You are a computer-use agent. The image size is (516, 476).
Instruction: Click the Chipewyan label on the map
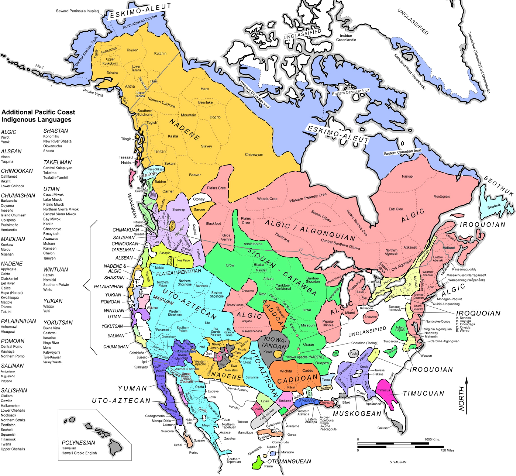[x=254, y=154]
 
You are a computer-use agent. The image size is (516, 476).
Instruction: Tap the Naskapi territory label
[x=407, y=176]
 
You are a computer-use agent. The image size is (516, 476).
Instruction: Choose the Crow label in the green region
[x=230, y=265]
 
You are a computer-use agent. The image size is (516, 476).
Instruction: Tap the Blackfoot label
[x=213, y=223]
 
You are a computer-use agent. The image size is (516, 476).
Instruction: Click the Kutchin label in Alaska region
[x=160, y=53]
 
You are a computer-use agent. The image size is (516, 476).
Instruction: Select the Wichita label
[x=286, y=371]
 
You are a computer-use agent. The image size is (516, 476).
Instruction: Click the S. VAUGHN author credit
[x=398, y=470]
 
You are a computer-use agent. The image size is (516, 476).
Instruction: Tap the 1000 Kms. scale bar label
[x=432, y=439]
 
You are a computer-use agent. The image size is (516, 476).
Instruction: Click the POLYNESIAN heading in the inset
[x=78, y=443]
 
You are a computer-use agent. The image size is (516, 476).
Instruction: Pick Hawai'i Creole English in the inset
[x=79, y=453]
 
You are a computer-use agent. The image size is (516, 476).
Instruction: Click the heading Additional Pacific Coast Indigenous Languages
[x=38, y=116]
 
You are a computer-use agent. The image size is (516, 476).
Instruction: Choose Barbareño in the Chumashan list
[x=9, y=201]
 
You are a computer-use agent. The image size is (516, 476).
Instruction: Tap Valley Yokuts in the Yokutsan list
[x=52, y=362]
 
